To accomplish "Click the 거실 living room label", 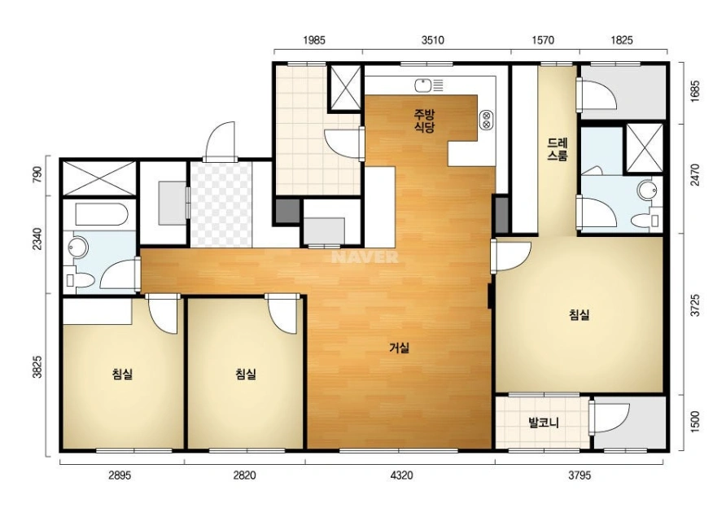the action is pos(399,348).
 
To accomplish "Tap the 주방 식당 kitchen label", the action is pos(424,120).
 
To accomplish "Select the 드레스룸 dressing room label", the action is pos(557,149).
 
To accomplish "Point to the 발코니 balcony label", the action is pos(544,423).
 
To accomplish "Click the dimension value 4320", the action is pos(401,475).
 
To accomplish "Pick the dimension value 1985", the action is pos(314,41).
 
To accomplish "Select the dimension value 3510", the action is pos(432,41).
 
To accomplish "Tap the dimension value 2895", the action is pos(120,475).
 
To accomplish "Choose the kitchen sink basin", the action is pos(423,85).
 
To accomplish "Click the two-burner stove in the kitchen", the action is pos(486,120).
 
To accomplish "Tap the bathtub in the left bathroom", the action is pos(102,214).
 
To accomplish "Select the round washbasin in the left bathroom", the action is pos(78,248).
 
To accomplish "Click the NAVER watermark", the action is pos(365,257).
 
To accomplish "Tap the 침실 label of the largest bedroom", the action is pos(579,315).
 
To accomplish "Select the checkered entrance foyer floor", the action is pos(221,204).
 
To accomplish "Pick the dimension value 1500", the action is pos(695,421).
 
